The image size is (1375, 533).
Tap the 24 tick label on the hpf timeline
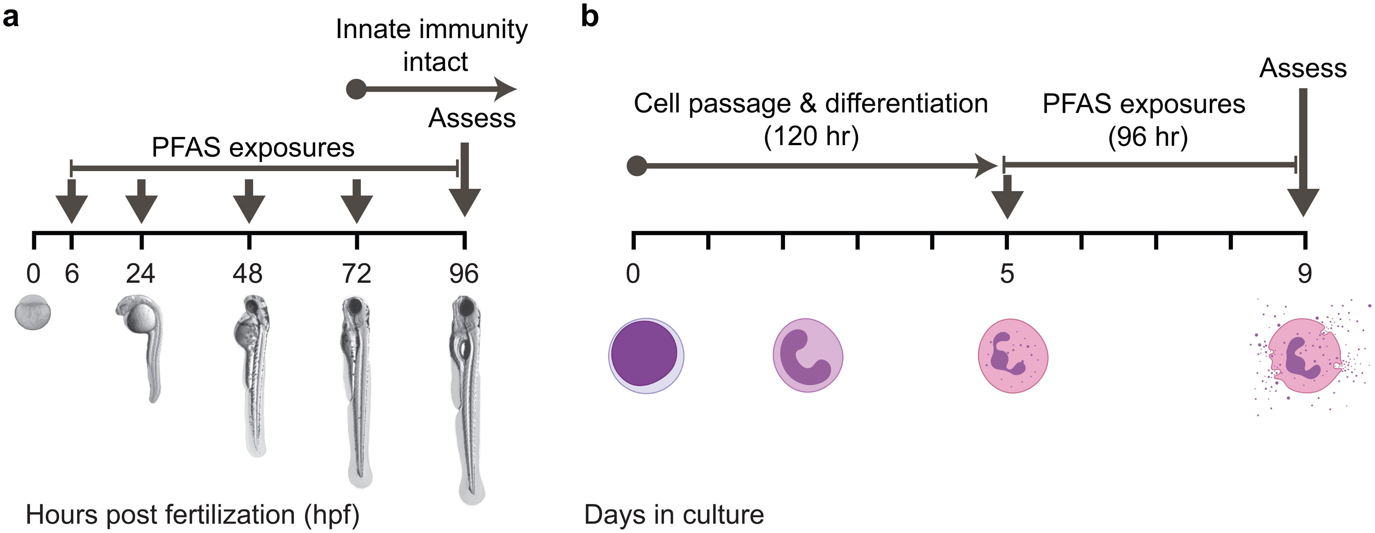point(140,274)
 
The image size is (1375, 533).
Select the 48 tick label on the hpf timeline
point(247,274)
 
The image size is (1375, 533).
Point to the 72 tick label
point(356,274)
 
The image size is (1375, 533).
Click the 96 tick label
point(463,274)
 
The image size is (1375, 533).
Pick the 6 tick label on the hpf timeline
point(72,274)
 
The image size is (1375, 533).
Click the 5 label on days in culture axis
point(1007,274)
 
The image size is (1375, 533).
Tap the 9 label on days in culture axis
point(1305,274)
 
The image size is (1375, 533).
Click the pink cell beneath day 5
point(1013,355)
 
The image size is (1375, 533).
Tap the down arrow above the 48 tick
point(249,202)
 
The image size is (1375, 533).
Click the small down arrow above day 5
point(1007,198)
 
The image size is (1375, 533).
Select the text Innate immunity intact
point(432,45)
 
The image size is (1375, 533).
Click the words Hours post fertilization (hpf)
point(192,515)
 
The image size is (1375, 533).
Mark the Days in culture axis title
point(674,515)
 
